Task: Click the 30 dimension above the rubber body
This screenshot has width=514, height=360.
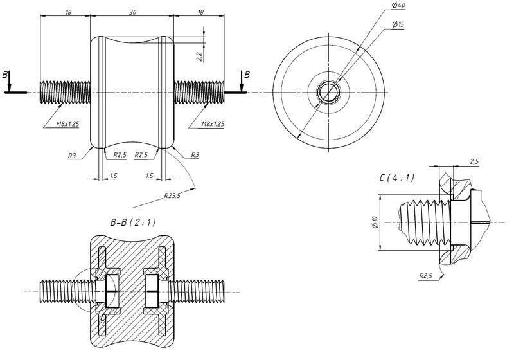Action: (132, 12)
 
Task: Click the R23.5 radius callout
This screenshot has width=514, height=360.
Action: (172, 195)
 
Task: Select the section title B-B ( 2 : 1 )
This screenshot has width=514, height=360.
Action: (133, 222)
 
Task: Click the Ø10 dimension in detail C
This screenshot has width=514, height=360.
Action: (374, 222)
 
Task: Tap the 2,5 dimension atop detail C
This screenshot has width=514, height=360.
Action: (474, 161)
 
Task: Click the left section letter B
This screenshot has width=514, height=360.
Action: (6, 75)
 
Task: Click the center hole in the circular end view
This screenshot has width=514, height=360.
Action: (329, 92)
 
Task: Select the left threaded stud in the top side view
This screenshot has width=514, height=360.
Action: (64, 92)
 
